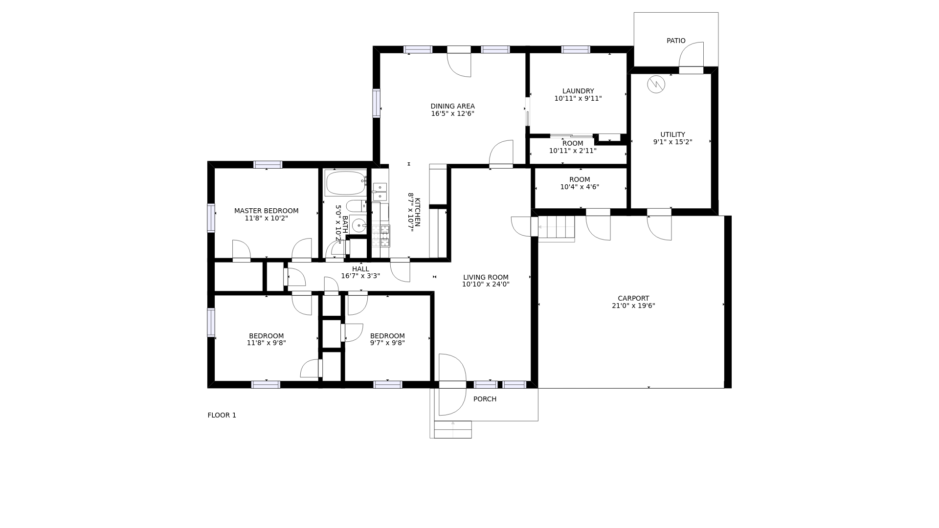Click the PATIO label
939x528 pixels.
pos(676,41)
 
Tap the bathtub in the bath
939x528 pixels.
pos(346,183)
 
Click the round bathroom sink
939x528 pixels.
pos(358,225)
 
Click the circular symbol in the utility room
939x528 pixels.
pos(656,85)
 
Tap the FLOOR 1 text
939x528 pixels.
pos(222,415)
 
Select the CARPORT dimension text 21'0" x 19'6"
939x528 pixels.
pos(633,306)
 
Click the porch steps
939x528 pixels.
pos(453,429)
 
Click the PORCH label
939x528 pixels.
pos(485,399)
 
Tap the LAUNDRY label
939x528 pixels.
pos(578,91)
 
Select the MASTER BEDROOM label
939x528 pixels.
pos(266,211)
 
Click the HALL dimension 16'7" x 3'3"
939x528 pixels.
pos(360,276)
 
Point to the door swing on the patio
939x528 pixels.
pos(691,54)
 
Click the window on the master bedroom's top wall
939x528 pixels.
pos(268,165)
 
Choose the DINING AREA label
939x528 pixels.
pos(452,106)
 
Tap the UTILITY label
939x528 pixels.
pos(672,134)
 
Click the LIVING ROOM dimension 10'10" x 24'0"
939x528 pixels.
pos(486,284)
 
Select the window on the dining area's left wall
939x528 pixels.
pos(376,103)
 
